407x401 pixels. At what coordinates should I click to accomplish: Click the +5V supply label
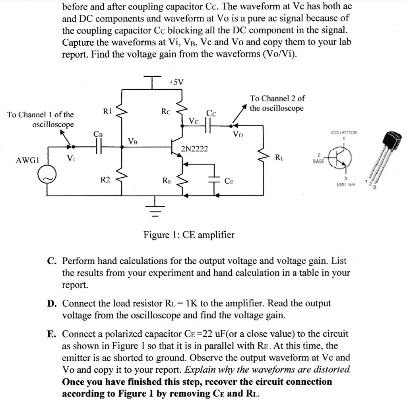point(176,82)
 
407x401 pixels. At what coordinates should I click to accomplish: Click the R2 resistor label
point(105,180)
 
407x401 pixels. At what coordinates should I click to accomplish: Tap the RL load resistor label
point(279,157)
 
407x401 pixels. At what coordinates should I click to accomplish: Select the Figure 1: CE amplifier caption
point(189,235)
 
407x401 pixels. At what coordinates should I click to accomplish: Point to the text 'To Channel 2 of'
point(277,99)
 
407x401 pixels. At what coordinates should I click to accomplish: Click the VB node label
point(133,140)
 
